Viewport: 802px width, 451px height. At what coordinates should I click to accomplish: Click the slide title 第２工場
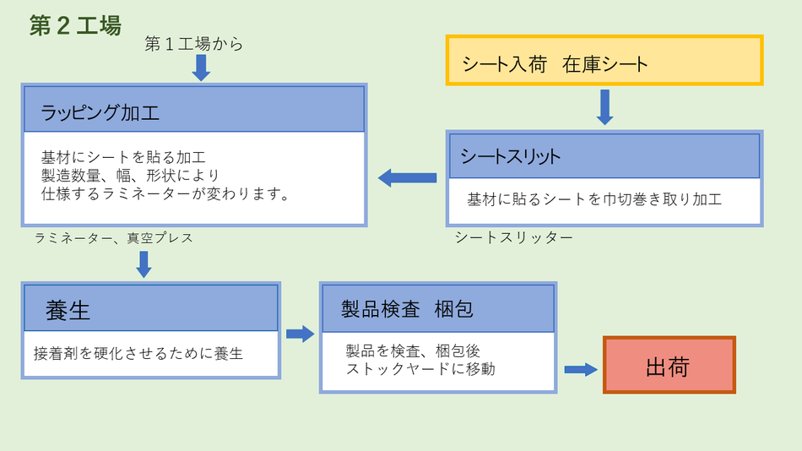click(75, 25)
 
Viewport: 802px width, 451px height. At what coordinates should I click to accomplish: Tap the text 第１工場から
click(194, 44)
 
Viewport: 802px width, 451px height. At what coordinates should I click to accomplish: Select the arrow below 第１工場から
click(201, 68)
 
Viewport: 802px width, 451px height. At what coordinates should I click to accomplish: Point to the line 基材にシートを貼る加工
click(123, 157)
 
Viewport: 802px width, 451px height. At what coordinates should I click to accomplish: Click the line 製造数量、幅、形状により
click(130, 176)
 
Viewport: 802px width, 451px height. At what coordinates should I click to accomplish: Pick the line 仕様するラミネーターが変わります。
click(165, 194)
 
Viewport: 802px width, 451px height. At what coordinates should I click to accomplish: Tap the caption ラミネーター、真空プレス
click(114, 238)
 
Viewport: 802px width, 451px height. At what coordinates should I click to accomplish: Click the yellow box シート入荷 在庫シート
click(604, 61)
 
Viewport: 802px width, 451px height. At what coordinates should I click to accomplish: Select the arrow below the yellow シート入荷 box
click(604, 107)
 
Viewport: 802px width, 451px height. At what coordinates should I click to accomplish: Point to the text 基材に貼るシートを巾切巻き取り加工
click(594, 200)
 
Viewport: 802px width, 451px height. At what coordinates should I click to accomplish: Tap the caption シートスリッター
click(513, 237)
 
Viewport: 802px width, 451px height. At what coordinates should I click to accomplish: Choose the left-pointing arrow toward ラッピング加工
click(407, 177)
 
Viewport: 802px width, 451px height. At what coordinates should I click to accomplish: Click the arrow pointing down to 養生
click(144, 264)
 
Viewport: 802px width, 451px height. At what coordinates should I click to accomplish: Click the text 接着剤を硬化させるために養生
click(138, 353)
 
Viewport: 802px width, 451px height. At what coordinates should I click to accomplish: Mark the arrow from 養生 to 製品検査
click(300, 334)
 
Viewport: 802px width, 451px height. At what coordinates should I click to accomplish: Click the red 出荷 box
click(669, 366)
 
